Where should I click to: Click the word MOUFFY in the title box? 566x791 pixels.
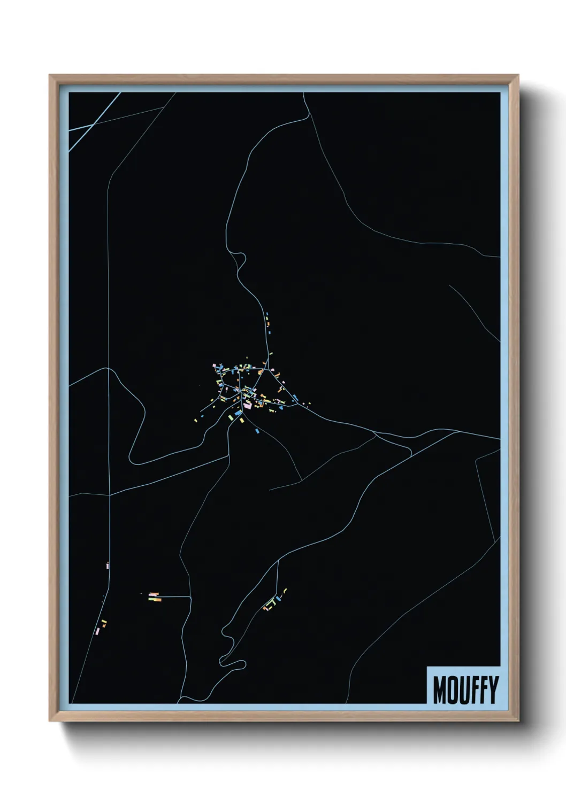click(x=465, y=689)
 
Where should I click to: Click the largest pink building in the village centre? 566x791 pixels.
click(x=247, y=406)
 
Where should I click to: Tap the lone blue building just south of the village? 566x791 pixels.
click(x=257, y=430)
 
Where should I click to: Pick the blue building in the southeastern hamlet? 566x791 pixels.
click(x=278, y=599)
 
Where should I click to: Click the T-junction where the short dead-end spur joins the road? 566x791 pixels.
click(x=190, y=596)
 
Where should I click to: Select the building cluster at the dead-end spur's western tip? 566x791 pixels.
click(x=155, y=597)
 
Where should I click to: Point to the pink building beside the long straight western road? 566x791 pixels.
click(x=108, y=565)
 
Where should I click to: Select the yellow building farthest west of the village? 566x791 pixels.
click(x=196, y=420)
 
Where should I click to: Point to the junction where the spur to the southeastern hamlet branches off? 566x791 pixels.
click(x=278, y=561)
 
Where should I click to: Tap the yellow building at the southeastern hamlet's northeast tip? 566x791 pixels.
click(x=285, y=590)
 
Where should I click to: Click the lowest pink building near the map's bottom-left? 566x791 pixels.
click(x=97, y=632)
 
